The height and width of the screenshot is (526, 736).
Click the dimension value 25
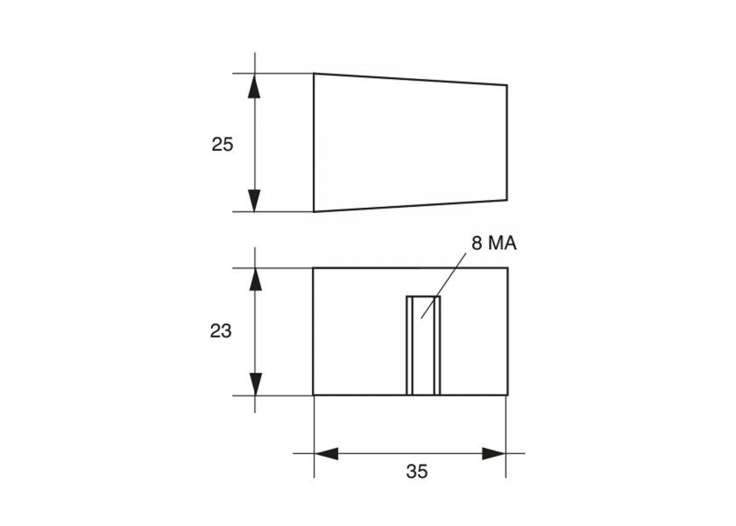pos(222,145)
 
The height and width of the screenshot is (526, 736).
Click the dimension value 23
pos(221,331)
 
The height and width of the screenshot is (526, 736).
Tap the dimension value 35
pos(417,472)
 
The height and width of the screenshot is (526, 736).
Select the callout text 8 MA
pos(494,244)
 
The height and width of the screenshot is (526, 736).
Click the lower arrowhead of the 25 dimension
pos(254,201)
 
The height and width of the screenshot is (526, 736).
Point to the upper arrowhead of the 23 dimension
pos(255,280)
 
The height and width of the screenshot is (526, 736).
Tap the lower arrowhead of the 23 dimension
pos(255,384)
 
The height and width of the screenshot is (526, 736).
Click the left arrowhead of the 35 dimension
pos(326,454)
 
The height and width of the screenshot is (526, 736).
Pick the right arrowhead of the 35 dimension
pos(494,454)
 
